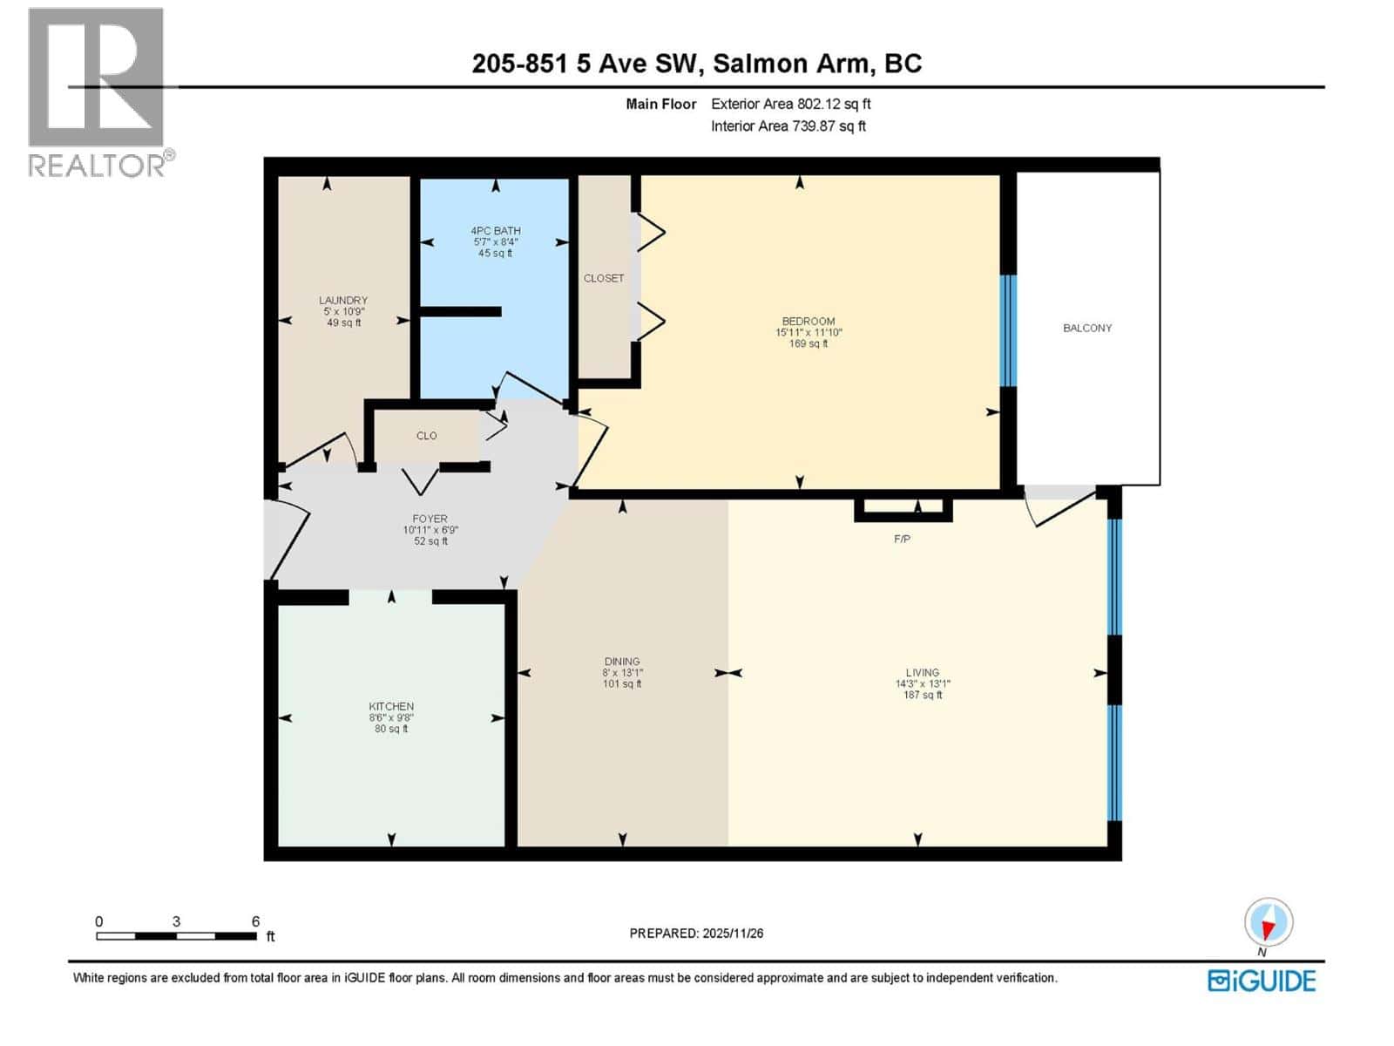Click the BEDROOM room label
tap(808, 321)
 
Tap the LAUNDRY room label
tap(343, 300)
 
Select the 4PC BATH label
tap(495, 231)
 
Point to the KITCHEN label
tap(391, 706)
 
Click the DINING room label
tap(622, 662)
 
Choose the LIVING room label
tap(922, 672)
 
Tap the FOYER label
tap(430, 519)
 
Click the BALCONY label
tap(1086, 328)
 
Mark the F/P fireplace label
tap(902, 540)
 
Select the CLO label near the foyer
tap(426, 436)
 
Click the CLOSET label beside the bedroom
tap(604, 278)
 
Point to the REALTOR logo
tap(98, 92)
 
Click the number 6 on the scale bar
tap(255, 921)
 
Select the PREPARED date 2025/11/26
tap(696, 933)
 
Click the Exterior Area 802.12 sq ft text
tap(790, 104)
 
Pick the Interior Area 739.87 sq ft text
tap(788, 126)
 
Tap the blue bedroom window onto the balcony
tap(1008, 330)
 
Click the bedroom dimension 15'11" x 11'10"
tap(809, 332)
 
